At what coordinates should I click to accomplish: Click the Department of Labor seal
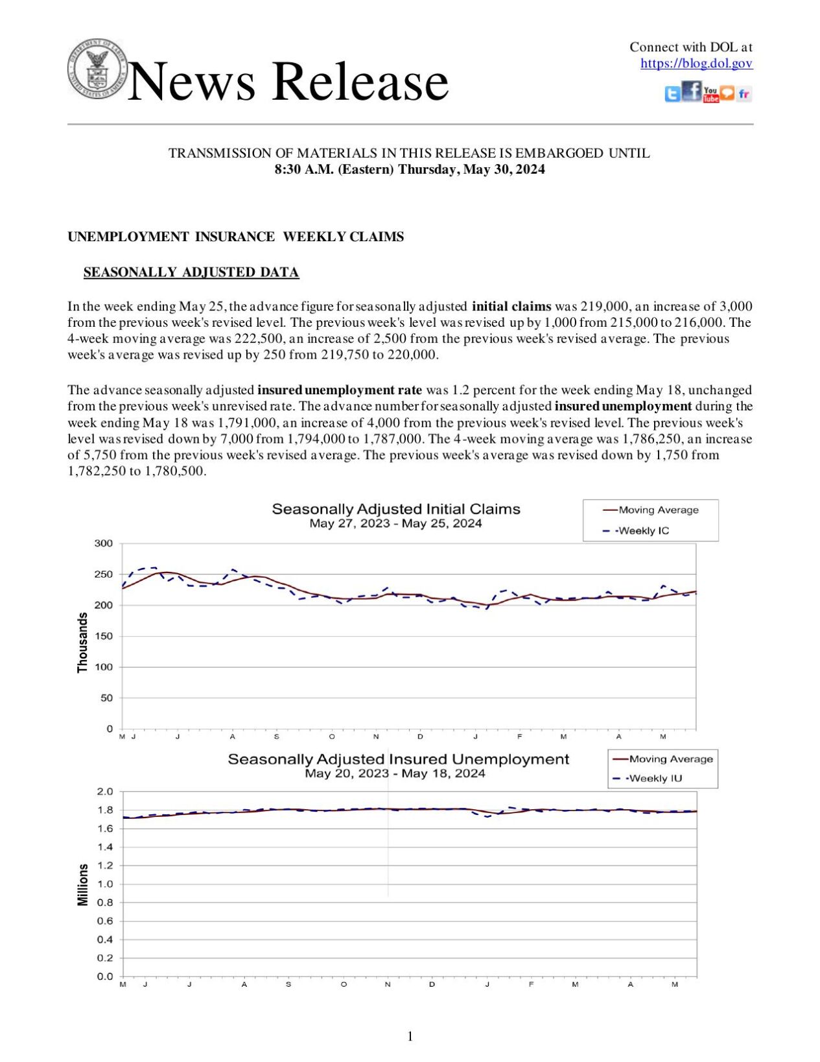(x=97, y=69)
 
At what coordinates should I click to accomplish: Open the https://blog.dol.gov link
(x=696, y=63)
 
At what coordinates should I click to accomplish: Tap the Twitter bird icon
(x=672, y=95)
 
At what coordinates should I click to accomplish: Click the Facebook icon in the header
(x=692, y=91)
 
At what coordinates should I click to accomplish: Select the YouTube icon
(x=710, y=95)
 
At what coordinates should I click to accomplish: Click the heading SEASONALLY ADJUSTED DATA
(x=191, y=272)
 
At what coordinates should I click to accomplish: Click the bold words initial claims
(x=511, y=306)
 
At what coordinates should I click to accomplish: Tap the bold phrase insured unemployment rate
(x=340, y=390)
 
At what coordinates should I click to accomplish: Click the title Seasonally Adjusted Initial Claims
(x=396, y=509)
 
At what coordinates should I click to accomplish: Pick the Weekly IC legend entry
(x=642, y=530)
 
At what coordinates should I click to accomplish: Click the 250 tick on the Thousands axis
(x=104, y=574)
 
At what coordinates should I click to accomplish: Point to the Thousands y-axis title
(x=82, y=642)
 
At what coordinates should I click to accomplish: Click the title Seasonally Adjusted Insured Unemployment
(x=398, y=759)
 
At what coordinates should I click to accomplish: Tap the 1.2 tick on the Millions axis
(x=105, y=866)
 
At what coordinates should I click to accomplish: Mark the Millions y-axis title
(x=82, y=884)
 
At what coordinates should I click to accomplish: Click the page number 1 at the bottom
(x=410, y=1037)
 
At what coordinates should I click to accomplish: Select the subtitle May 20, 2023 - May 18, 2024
(x=395, y=773)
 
